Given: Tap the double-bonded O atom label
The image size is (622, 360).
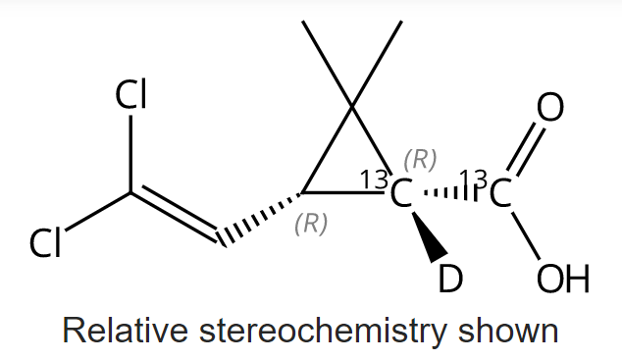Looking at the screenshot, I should click(x=551, y=107).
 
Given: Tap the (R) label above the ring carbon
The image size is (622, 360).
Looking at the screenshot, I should click(x=420, y=157).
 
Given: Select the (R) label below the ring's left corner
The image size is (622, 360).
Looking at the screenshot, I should click(x=311, y=224).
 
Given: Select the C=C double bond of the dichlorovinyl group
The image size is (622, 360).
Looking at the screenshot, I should click(x=175, y=213).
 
